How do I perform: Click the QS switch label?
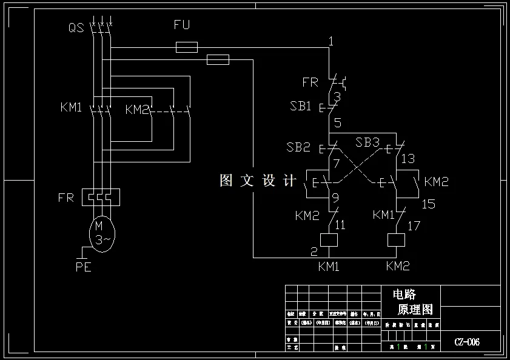click(x=76, y=27)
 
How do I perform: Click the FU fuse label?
click(x=182, y=25)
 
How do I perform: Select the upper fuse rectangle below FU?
click(x=186, y=47)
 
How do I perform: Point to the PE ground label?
click(x=83, y=267)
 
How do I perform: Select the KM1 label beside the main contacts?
click(x=71, y=108)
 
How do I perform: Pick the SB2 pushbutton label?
click(x=298, y=147)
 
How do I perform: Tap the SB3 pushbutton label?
click(x=367, y=142)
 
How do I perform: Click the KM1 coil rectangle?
click(x=328, y=240)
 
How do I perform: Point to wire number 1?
click(x=330, y=41)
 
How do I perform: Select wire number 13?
click(x=408, y=159)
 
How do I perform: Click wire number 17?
click(x=414, y=226)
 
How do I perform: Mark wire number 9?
click(x=335, y=197)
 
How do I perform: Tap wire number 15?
click(x=428, y=205)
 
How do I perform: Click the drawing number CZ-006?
click(x=467, y=342)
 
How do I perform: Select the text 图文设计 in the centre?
click(x=258, y=181)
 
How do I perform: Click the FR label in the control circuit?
click(x=310, y=82)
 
